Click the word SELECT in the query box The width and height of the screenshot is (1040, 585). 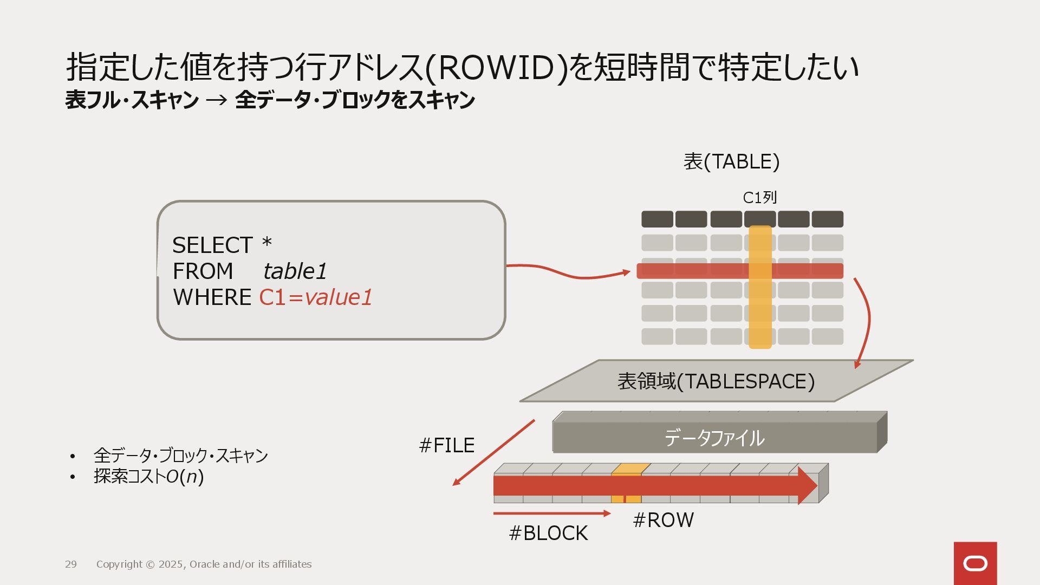tap(212, 245)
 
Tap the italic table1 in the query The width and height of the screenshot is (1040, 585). tap(295, 271)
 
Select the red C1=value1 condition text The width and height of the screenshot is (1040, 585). tap(316, 297)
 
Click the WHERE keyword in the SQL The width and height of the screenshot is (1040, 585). tap(212, 297)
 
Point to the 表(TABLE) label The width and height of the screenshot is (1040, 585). tap(731, 161)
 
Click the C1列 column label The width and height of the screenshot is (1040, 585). tap(759, 198)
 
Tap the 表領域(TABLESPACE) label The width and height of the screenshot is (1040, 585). tap(716, 381)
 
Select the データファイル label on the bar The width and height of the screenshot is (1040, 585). tap(714, 438)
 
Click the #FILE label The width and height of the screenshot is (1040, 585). tap(447, 445)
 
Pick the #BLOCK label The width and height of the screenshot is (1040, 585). tap(548, 533)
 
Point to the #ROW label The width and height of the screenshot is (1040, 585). tap(663, 520)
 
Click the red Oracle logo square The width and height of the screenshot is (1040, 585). tap(975, 563)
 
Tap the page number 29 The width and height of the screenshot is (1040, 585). tap(71, 564)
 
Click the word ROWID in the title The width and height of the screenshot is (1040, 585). tap(496, 67)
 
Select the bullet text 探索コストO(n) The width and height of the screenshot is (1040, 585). tap(148, 477)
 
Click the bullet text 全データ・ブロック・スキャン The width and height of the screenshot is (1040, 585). tap(180, 456)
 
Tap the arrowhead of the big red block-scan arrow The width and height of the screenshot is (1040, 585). tap(807, 485)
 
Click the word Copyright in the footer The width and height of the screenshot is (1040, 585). tap(119, 564)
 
